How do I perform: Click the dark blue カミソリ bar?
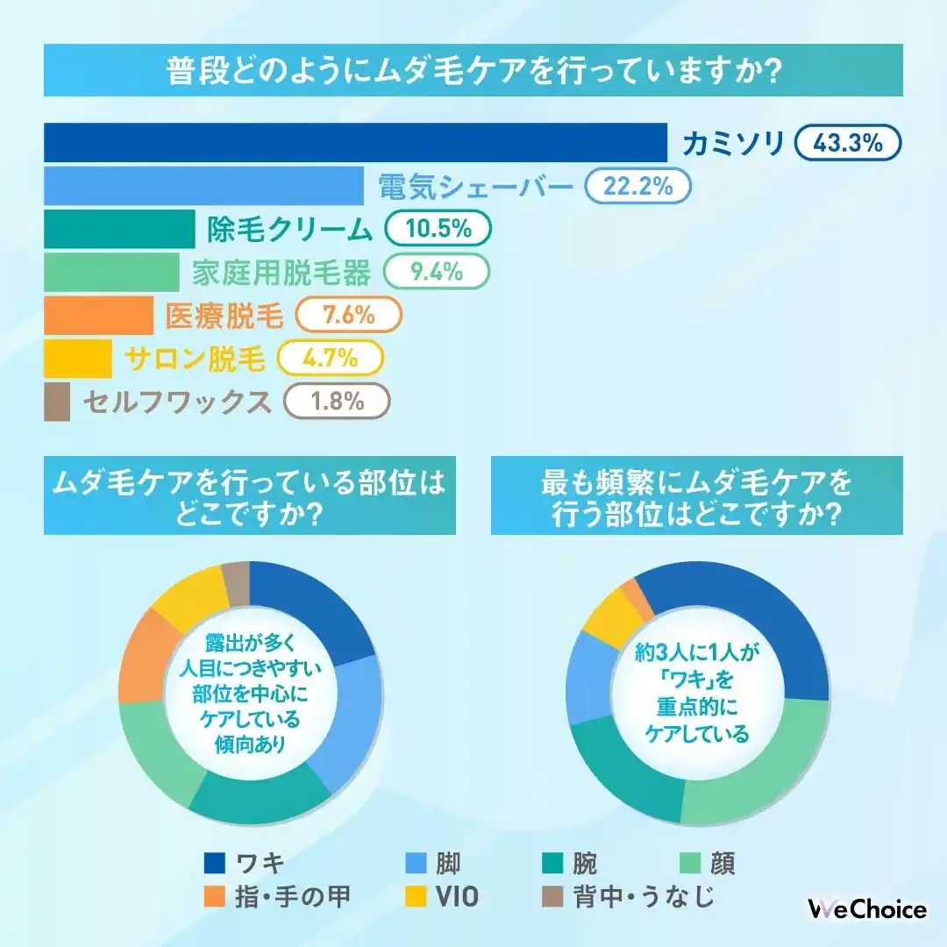pyautogui.click(x=355, y=143)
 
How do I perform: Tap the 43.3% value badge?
pyautogui.click(x=848, y=143)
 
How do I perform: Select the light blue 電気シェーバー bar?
pyautogui.click(x=203, y=185)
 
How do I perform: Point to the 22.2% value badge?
pyautogui.click(x=637, y=186)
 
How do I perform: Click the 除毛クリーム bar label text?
pyautogui.click(x=290, y=229)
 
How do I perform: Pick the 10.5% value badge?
pyautogui.click(x=438, y=229)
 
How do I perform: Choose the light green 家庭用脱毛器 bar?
pyautogui.click(x=111, y=272)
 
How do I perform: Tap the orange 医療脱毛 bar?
pyautogui.click(x=98, y=315)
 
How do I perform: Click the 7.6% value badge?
pyautogui.click(x=349, y=315)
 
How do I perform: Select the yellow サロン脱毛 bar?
pyautogui.click(x=78, y=358)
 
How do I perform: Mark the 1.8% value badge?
pyautogui.click(x=337, y=401)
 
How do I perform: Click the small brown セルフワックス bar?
pyautogui.click(x=57, y=401)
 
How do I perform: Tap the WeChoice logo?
pyautogui.click(x=866, y=909)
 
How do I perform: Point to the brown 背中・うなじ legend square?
pyautogui.click(x=551, y=897)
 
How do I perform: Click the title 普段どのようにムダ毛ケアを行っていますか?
pyautogui.click(x=473, y=71)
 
